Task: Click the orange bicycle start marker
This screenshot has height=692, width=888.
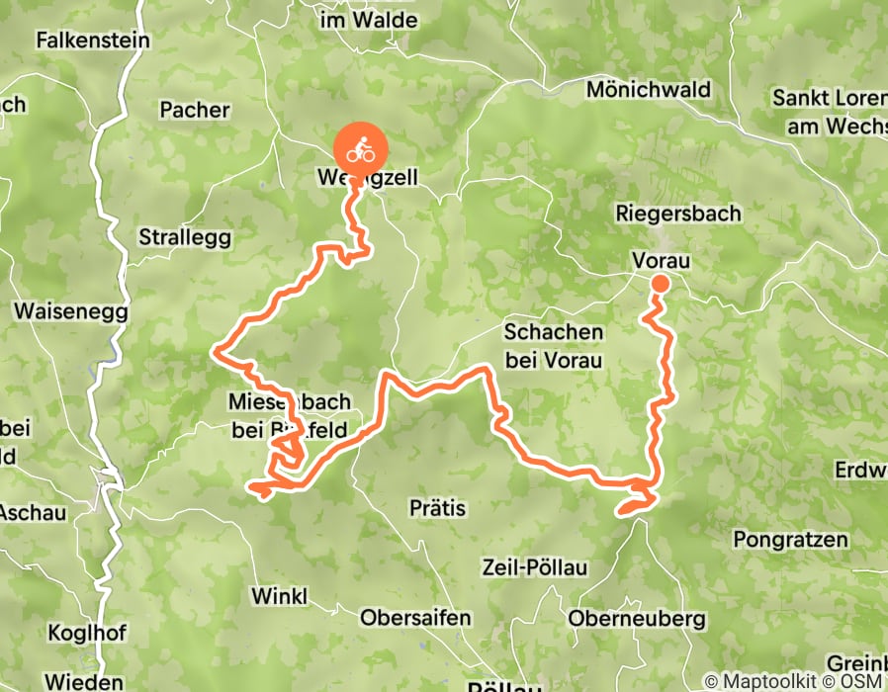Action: point(360,152)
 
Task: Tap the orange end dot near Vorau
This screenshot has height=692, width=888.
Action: point(660,285)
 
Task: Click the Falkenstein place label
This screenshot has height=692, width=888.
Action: point(92,41)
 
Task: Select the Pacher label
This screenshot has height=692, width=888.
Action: point(194,110)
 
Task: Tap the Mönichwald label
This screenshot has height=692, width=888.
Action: point(649,90)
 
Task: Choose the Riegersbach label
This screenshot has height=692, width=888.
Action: point(677,214)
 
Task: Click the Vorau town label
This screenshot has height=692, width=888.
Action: point(660,260)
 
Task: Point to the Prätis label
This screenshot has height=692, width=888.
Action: point(436,508)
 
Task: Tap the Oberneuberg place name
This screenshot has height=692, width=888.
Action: point(637,619)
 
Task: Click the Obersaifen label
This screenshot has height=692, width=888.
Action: point(415,619)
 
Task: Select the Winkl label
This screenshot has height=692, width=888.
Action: point(279,596)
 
